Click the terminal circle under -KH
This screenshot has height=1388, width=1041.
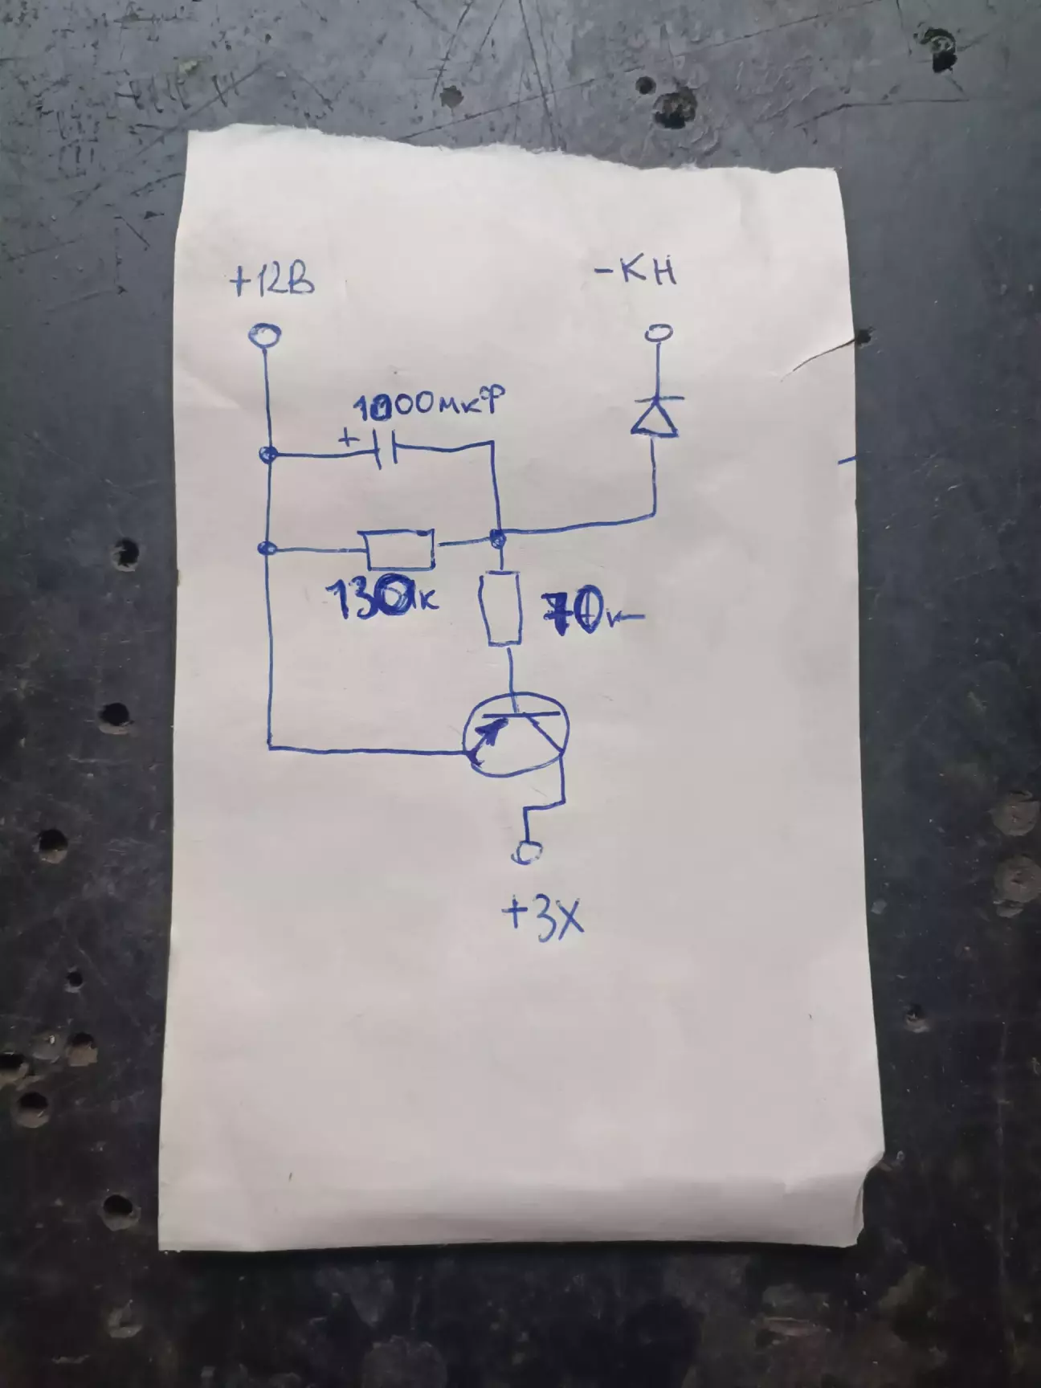coord(659,332)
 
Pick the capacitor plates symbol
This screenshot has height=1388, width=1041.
coord(388,454)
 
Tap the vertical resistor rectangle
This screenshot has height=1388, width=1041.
coord(503,607)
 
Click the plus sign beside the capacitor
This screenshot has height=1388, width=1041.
coord(348,439)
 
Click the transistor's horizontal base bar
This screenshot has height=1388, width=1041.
coord(522,712)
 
